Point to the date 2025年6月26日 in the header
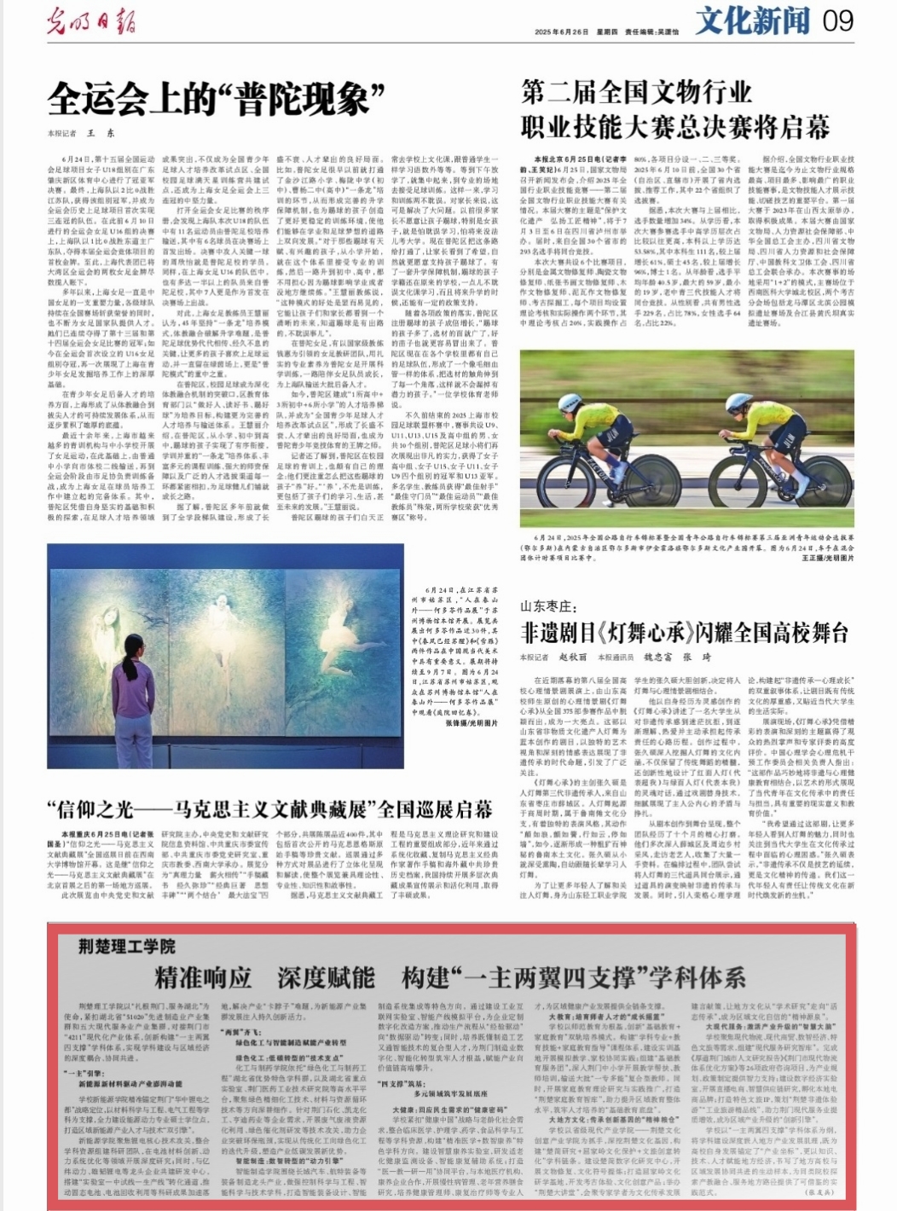(563, 32)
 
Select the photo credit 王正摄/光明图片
(826, 556)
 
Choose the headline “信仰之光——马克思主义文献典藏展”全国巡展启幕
(269, 808)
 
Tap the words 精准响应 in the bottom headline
(204, 977)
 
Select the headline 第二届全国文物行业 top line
(636, 92)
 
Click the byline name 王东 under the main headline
(101, 133)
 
